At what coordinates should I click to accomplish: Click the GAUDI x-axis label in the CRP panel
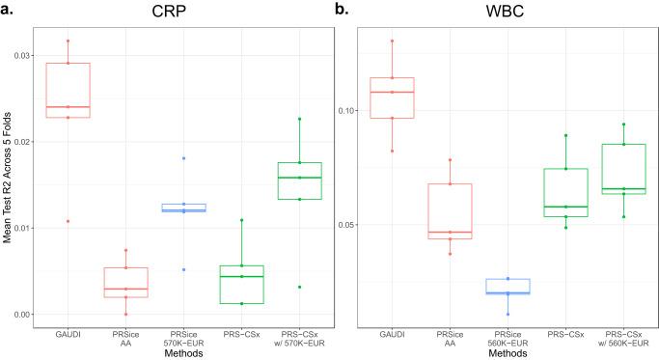68,334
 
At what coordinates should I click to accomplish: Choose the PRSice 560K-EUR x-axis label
501,338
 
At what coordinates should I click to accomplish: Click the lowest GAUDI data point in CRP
68,221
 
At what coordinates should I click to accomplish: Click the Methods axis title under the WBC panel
501,353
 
